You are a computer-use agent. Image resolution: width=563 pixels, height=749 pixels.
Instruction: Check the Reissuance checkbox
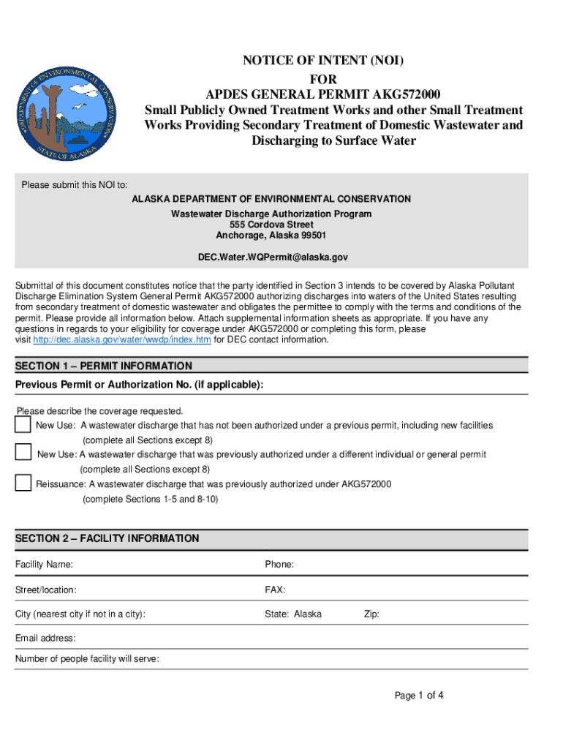click(23, 483)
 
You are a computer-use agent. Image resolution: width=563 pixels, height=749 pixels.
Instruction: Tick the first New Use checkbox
click(23, 425)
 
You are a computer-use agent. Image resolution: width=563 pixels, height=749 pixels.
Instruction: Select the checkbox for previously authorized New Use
click(23, 453)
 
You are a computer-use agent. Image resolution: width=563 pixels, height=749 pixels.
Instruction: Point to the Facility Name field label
click(44, 565)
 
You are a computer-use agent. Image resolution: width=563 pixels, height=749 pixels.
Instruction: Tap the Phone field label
click(279, 565)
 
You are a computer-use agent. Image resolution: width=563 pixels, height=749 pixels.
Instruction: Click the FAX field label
click(275, 590)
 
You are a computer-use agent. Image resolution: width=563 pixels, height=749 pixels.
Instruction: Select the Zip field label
click(371, 614)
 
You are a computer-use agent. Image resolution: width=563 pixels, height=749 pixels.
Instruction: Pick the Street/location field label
click(46, 590)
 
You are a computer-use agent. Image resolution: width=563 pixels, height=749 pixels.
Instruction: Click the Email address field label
click(45, 639)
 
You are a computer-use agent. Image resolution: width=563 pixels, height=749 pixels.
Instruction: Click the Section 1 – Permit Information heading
click(104, 366)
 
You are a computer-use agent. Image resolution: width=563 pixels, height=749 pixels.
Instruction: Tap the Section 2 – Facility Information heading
click(107, 538)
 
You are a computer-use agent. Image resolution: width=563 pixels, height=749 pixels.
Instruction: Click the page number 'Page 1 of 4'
click(419, 696)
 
